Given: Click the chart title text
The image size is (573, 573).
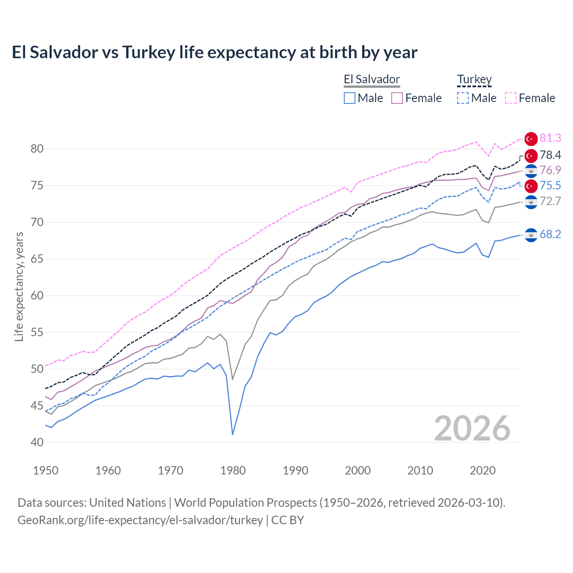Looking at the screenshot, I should click(x=214, y=52).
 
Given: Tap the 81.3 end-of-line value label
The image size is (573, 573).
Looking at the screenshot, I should click(x=550, y=138).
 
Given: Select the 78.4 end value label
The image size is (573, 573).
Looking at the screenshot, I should click(x=550, y=155).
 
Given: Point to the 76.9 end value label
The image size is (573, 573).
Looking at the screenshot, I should click(x=550, y=171).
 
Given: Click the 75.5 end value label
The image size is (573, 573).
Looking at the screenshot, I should click(x=550, y=186).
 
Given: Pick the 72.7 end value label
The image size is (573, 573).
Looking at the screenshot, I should click(x=550, y=201).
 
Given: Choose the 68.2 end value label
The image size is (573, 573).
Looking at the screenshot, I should click(x=550, y=235).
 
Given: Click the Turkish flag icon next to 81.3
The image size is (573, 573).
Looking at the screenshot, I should click(x=531, y=139).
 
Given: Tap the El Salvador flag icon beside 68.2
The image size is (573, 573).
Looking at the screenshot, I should click(x=531, y=235).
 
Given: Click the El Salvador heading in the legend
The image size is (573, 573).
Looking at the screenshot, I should click(x=372, y=80).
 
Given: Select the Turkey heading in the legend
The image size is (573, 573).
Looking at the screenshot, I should click(x=474, y=80).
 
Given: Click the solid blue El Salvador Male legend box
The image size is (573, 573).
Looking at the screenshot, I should click(x=350, y=98).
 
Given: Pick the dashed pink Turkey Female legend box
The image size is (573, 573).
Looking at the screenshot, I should click(x=511, y=98).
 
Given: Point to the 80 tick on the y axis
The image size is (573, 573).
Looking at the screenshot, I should click(x=37, y=149).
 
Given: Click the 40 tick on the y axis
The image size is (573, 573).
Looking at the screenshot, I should click(x=37, y=442).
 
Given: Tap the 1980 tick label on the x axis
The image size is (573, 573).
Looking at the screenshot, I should click(x=233, y=470).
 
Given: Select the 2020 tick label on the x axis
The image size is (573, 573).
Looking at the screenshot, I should click(x=483, y=470).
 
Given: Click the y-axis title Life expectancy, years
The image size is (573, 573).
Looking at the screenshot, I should click(x=19, y=286).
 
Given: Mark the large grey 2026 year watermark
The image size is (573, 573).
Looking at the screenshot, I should click(x=472, y=428).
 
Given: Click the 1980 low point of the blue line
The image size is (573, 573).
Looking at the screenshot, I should click(x=233, y=434).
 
